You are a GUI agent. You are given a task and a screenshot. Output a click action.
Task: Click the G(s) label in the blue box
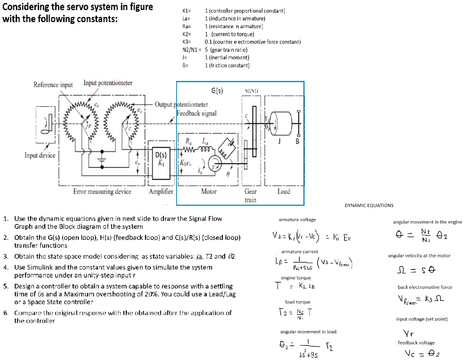(x=217, y=90)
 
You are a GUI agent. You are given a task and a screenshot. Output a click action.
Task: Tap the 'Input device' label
(x=40, y=155)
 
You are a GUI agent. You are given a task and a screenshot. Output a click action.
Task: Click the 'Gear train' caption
(x=251, y=195)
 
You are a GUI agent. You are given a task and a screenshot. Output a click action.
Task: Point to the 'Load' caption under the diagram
(x=284, y=192)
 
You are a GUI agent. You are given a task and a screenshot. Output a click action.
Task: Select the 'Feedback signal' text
(x=196, y=113)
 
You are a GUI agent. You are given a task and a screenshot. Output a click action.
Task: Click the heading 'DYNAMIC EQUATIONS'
(x=369, y=205)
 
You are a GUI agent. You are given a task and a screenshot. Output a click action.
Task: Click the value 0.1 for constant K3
(x=208, y=42)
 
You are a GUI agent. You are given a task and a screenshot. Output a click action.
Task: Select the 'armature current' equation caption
(x=300, y=252)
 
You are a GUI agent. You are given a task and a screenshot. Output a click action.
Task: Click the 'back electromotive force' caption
(x=424, y=287)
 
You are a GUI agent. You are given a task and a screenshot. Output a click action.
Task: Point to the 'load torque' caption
(x=298, y=302)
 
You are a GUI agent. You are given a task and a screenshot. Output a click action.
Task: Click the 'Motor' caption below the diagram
(x=209, y=192)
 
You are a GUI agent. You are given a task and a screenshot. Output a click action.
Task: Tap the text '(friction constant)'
(x=227, y=65)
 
